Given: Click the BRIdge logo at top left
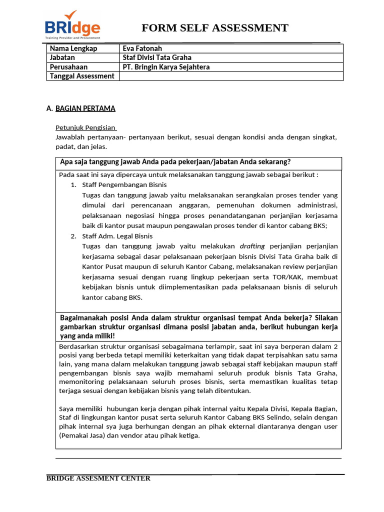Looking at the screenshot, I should [72, 25].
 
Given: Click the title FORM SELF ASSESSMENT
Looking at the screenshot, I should [214, 28].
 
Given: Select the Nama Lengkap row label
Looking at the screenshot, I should [73, 48].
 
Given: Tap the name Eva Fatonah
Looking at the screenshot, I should [142, 48].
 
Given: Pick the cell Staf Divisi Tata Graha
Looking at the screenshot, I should [157, 57].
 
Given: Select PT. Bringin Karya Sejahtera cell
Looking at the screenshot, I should [166, 66].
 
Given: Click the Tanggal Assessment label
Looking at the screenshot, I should [82, 76].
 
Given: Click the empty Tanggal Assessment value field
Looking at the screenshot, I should [231, 76].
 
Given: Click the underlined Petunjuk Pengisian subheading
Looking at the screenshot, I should [85, 127].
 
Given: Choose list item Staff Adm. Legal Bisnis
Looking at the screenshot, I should [117, 236].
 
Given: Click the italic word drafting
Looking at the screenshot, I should [252, 246].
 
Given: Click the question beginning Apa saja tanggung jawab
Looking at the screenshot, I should [175, 162].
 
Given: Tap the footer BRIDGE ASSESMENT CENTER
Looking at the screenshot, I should [98, 478].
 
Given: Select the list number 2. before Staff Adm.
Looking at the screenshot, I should [73, 236].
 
